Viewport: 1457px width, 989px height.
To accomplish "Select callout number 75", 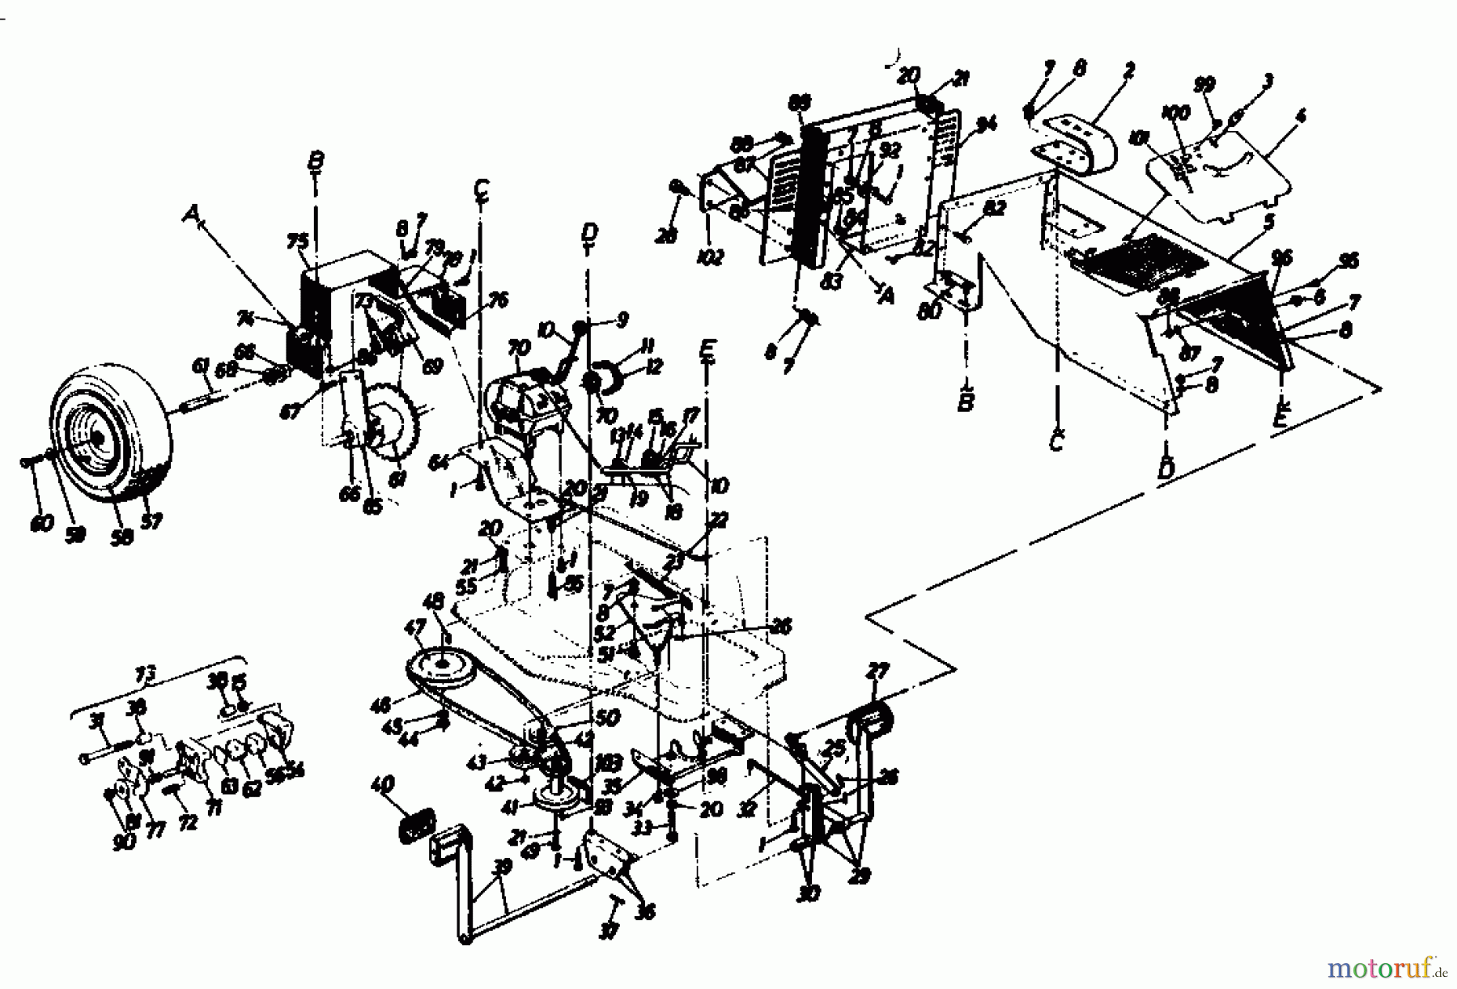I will click(x=298, y=241).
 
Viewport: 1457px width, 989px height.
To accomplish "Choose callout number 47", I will click(x=415, y=650).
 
